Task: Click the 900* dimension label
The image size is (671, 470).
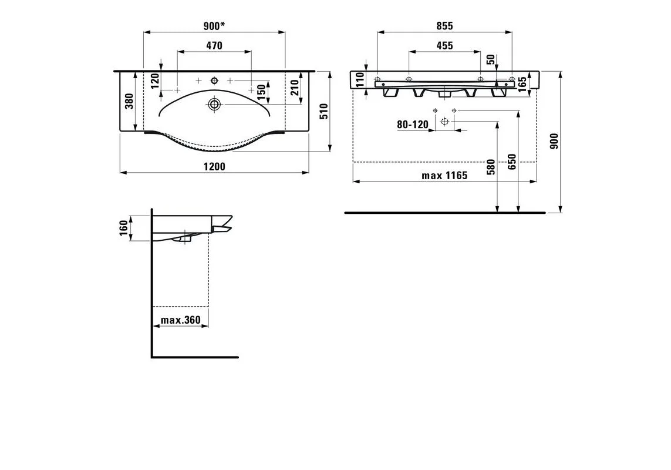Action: (x=214, y=26)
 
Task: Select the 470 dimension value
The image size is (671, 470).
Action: (x=214, y=45)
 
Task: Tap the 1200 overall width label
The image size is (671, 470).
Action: (x=214, y=166)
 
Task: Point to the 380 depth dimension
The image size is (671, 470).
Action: (x=129, y=101)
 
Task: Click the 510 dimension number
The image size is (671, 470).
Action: (x=324, y=112)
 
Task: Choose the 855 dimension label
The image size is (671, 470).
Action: (x=444, y=26)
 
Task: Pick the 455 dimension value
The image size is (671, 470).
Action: (x=444, y=45)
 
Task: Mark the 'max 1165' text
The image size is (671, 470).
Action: (x=444, y=175)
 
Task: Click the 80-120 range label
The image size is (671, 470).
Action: (x=413, y=124)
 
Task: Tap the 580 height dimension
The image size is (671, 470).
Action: (x=491, y=167)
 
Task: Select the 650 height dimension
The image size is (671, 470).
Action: (x=512, y=162)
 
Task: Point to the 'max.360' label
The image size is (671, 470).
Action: (x=181, y=320)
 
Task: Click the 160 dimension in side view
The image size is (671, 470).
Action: (x=123, y=228)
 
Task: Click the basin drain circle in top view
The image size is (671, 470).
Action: (x=214, y=103)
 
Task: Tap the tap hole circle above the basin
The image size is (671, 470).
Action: (x=214, y=80)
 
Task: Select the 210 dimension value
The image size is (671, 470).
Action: (x=295, y=88)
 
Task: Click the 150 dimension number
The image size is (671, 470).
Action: (x=261, y=90)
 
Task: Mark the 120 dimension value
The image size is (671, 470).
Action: (x=156, y=80)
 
